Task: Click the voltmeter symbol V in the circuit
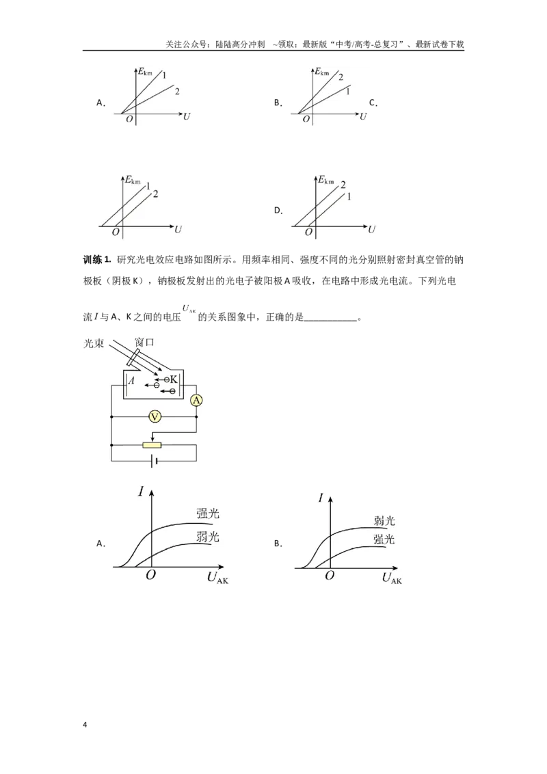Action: click(155, 417)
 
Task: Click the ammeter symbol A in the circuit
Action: click(196, 400)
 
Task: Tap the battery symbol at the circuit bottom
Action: click(155, 461)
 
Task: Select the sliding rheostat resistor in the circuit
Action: click(152, 445)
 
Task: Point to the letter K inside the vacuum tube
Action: click(173, 379)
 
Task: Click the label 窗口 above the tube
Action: click(145, 342)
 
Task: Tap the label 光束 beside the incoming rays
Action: click(94, 343)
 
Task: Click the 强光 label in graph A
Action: click(207, 513)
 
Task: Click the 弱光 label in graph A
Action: click(207, 537)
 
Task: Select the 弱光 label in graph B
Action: click(384, 520)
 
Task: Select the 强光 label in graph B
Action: click(384, 539)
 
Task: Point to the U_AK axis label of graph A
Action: click(217, 578)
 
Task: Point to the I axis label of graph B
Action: click(321, 497)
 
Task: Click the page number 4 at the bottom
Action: click(85, 724)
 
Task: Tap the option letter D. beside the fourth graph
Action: click(278, 211)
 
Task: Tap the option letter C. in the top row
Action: click(373, 103)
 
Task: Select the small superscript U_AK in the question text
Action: click(189, 309)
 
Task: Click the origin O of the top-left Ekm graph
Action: click(129, 120)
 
